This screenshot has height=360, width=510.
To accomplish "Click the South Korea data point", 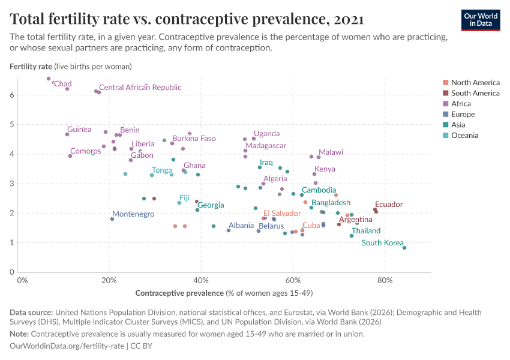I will tap(404, 248).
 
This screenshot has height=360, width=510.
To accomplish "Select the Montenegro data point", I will tap(112, 219).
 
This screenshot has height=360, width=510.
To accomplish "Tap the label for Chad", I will tap(63, 83).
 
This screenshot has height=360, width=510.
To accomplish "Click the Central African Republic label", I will tap(140, 88).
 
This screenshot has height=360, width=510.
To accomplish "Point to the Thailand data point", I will tap(352, 236).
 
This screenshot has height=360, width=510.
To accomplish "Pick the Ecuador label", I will tap(388, 205).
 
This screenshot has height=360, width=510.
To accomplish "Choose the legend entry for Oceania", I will tap(464, 136).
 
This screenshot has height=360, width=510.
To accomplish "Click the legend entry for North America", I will tap(475, 82).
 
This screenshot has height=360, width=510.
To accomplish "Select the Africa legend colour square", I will tap(445, 104).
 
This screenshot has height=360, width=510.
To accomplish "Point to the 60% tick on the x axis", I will tap(293, 280).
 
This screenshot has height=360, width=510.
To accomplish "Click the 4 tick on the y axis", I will tap(11, 154).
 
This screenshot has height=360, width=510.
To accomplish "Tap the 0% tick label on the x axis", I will tap(22, 280).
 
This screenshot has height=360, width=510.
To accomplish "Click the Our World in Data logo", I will tap(480, 19).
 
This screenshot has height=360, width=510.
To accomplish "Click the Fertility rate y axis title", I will tap(31, 66).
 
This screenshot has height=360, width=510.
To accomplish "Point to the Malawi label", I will tap(331, 152).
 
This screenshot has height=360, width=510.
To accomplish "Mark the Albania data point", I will tap(229, 230).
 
